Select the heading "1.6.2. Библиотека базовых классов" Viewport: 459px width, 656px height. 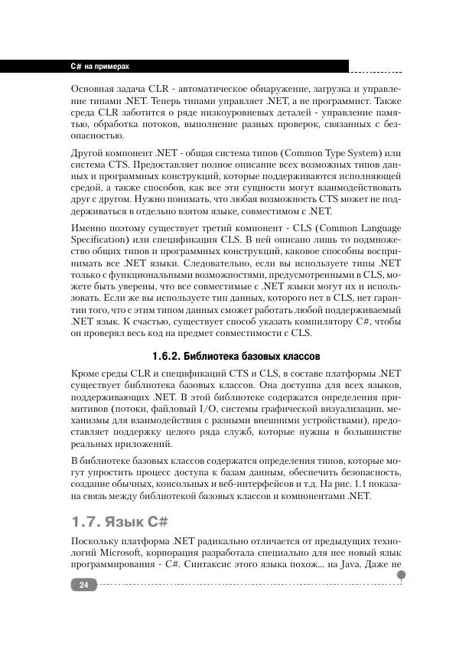pos(236,357)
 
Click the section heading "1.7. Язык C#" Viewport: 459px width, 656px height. pos(119,522)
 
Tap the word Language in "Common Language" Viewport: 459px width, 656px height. pos(374,229)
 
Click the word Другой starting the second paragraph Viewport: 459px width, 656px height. pos(89,153)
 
